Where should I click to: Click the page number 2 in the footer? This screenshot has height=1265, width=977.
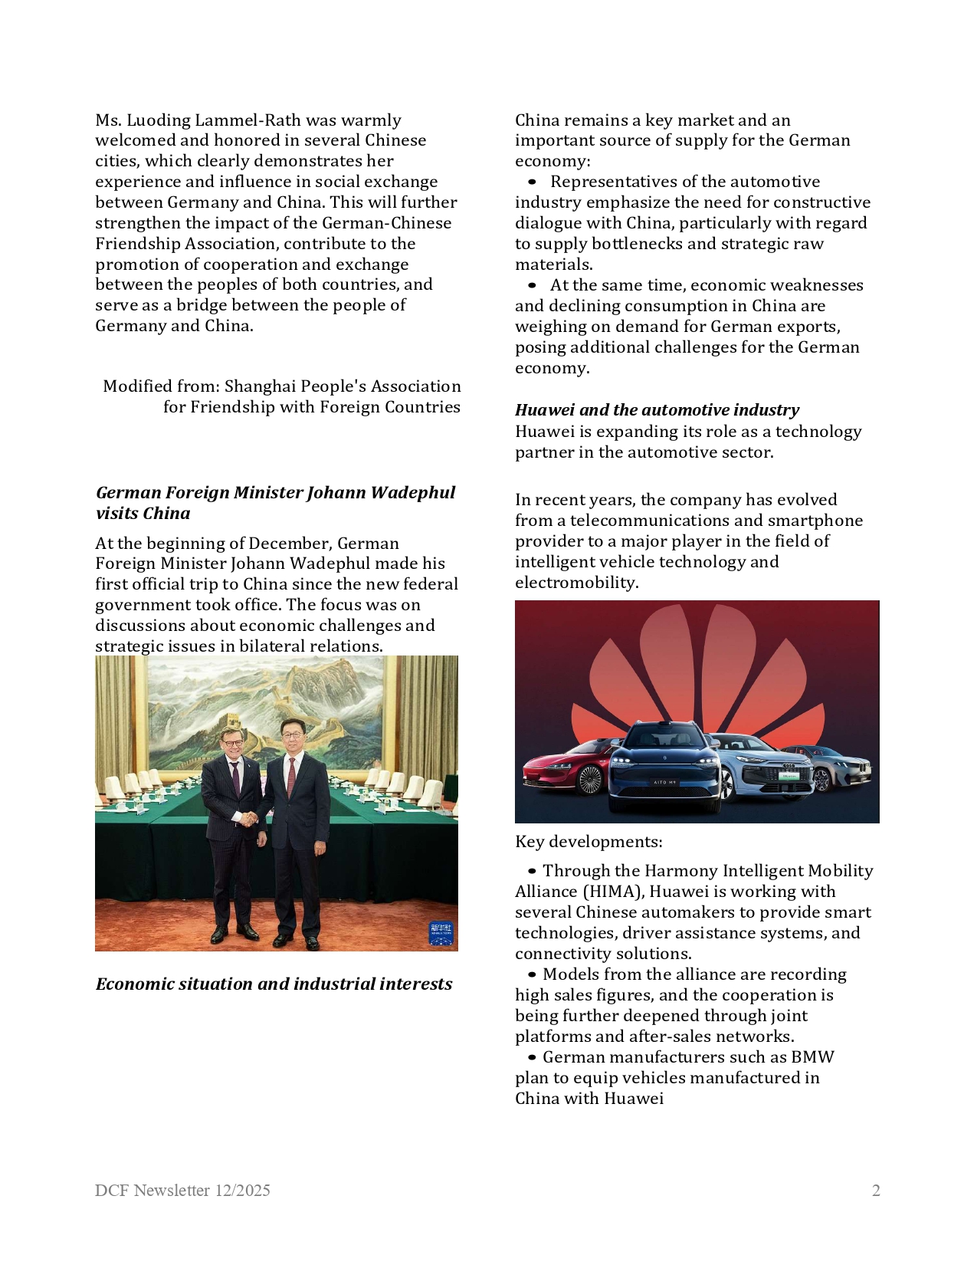tap(875, 1191)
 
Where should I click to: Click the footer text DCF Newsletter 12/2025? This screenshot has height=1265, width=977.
tap(182, 1191)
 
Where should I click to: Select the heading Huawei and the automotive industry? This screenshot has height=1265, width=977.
tap(657, 410)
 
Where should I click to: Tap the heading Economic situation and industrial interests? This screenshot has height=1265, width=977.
tap(274, 984)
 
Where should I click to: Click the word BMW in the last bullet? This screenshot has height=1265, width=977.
tap(812, 1057)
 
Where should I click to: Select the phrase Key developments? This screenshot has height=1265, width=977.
tap(588, 842)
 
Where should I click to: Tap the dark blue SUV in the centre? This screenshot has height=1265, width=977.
tap(664, 767)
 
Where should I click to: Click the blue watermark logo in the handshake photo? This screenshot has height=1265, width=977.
tap(441, 933)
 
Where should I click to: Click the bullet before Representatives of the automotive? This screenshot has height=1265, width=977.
tap(532, 182)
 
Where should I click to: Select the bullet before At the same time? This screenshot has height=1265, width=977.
tap(532, 286)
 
